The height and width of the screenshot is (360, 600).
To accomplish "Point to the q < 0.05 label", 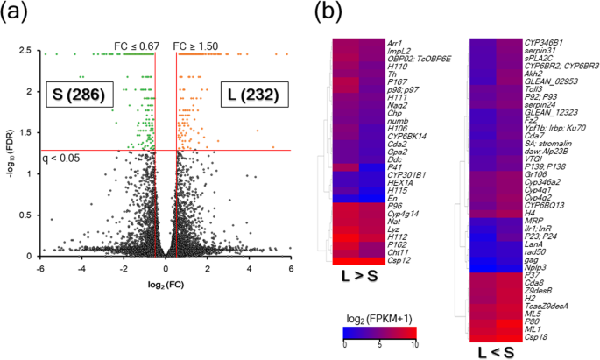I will [x=60, y=135].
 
